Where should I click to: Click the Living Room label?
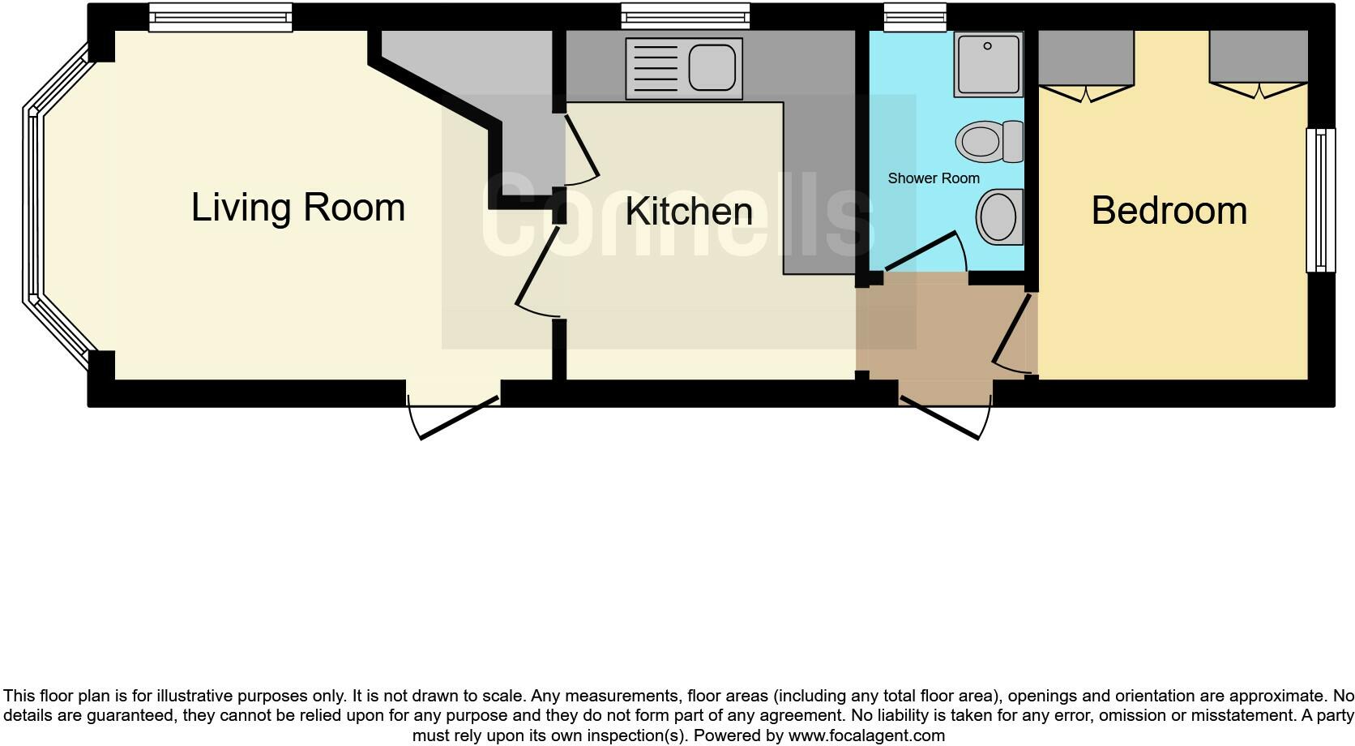[x=297, y=208]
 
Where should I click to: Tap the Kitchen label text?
[x=689, y=212]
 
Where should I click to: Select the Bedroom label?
[x=1169, y=211]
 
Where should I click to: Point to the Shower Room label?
[x=933, y=178]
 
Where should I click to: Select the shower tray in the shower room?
[x=988, y=64]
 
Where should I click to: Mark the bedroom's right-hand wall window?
[x=1320, y=200]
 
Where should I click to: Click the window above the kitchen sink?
[x=685, y=16]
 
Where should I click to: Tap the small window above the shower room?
[x=914, y=17]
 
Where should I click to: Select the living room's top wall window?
[x=220, y=17]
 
